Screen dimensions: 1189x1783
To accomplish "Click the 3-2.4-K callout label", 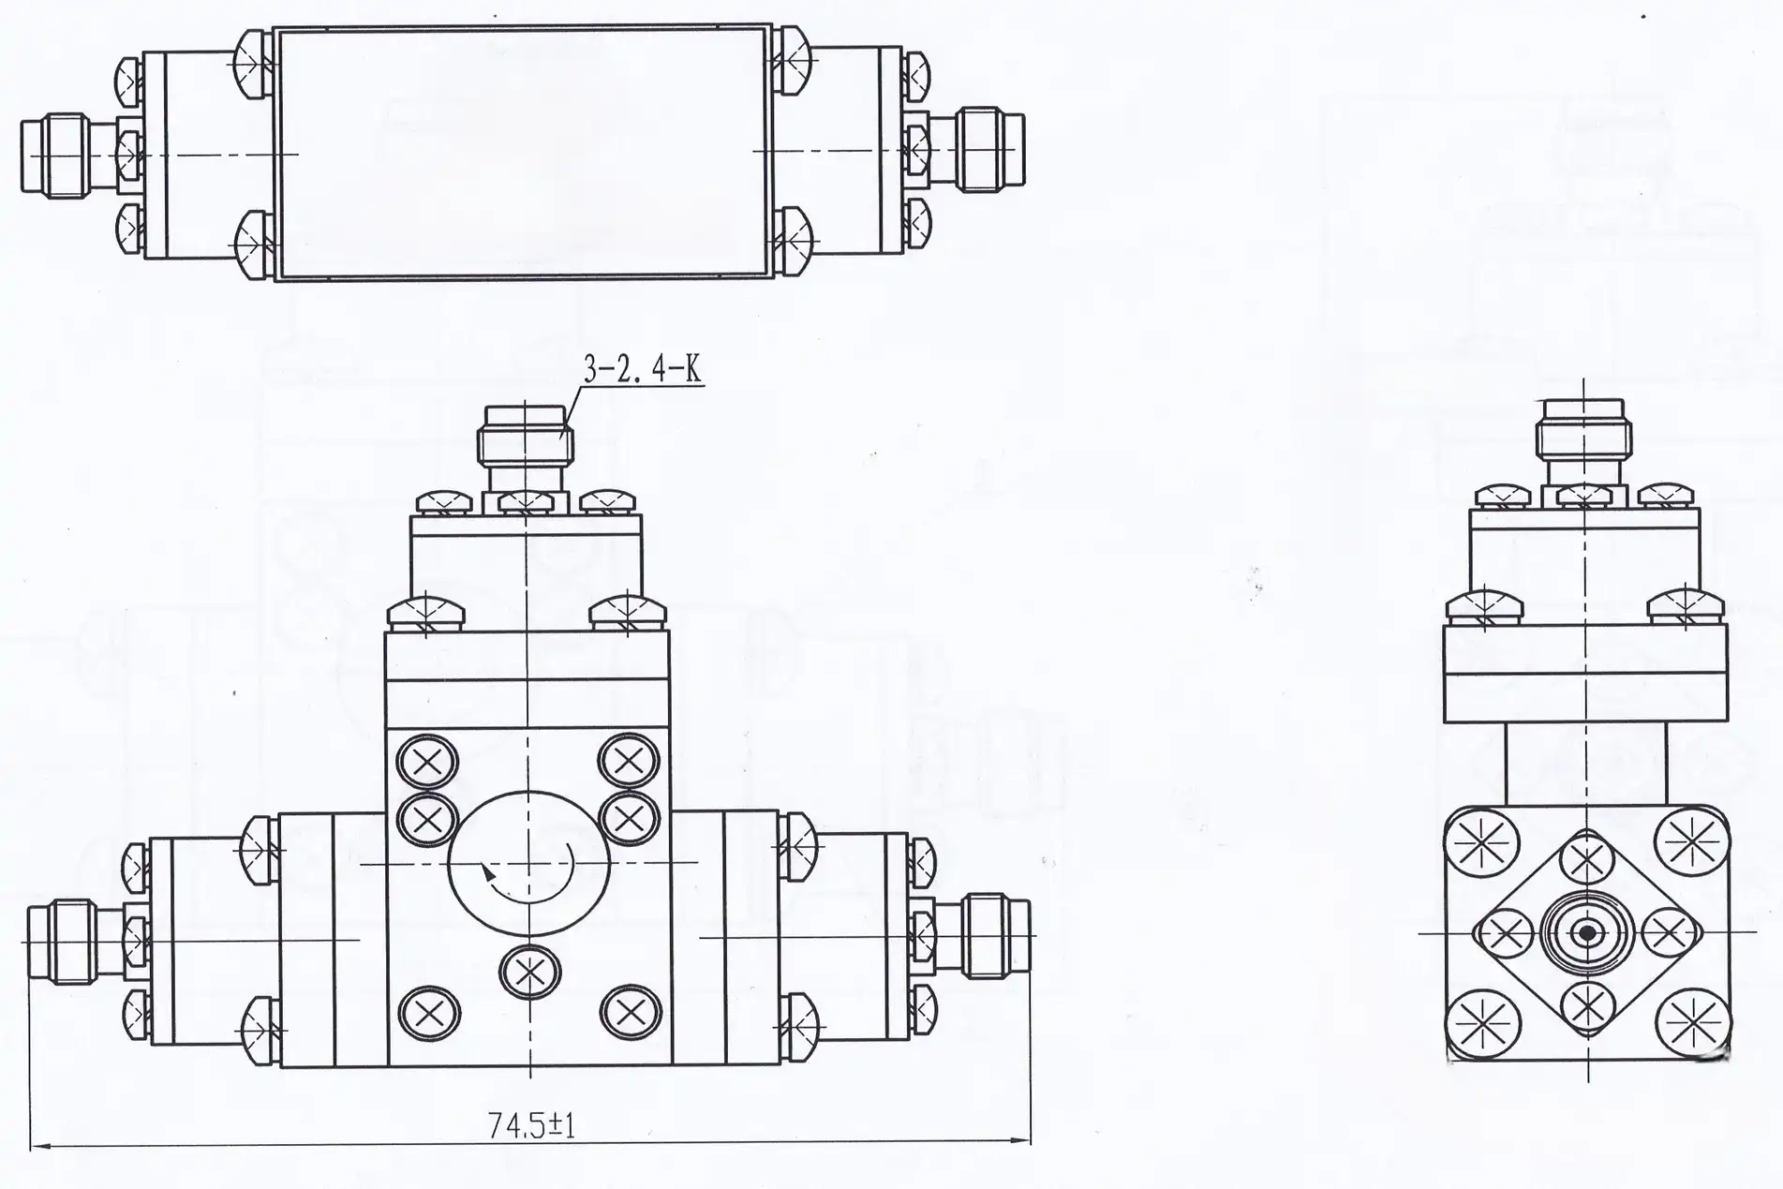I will tap(642, 368).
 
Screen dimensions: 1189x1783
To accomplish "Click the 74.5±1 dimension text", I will tap(531, 1124).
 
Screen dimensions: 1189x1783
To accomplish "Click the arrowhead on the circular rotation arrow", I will tap(487, 873).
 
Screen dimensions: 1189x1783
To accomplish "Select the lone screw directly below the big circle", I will tap(529, 973).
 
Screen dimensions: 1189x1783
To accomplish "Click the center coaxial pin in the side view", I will tap(1587, 933).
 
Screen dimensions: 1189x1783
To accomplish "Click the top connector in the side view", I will tap(1583, 438).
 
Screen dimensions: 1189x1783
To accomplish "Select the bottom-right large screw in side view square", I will tap(1693, 1022).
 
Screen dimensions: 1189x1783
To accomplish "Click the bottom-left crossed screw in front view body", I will tap(429, 1013).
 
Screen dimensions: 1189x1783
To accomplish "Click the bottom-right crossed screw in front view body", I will tap(631, 1012).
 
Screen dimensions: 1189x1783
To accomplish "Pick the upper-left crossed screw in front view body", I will tap(428, 763).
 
